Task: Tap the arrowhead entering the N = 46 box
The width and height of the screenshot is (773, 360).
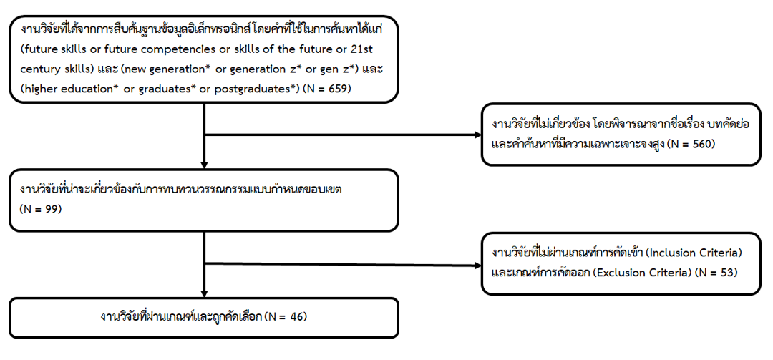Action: [x=205, y=293]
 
